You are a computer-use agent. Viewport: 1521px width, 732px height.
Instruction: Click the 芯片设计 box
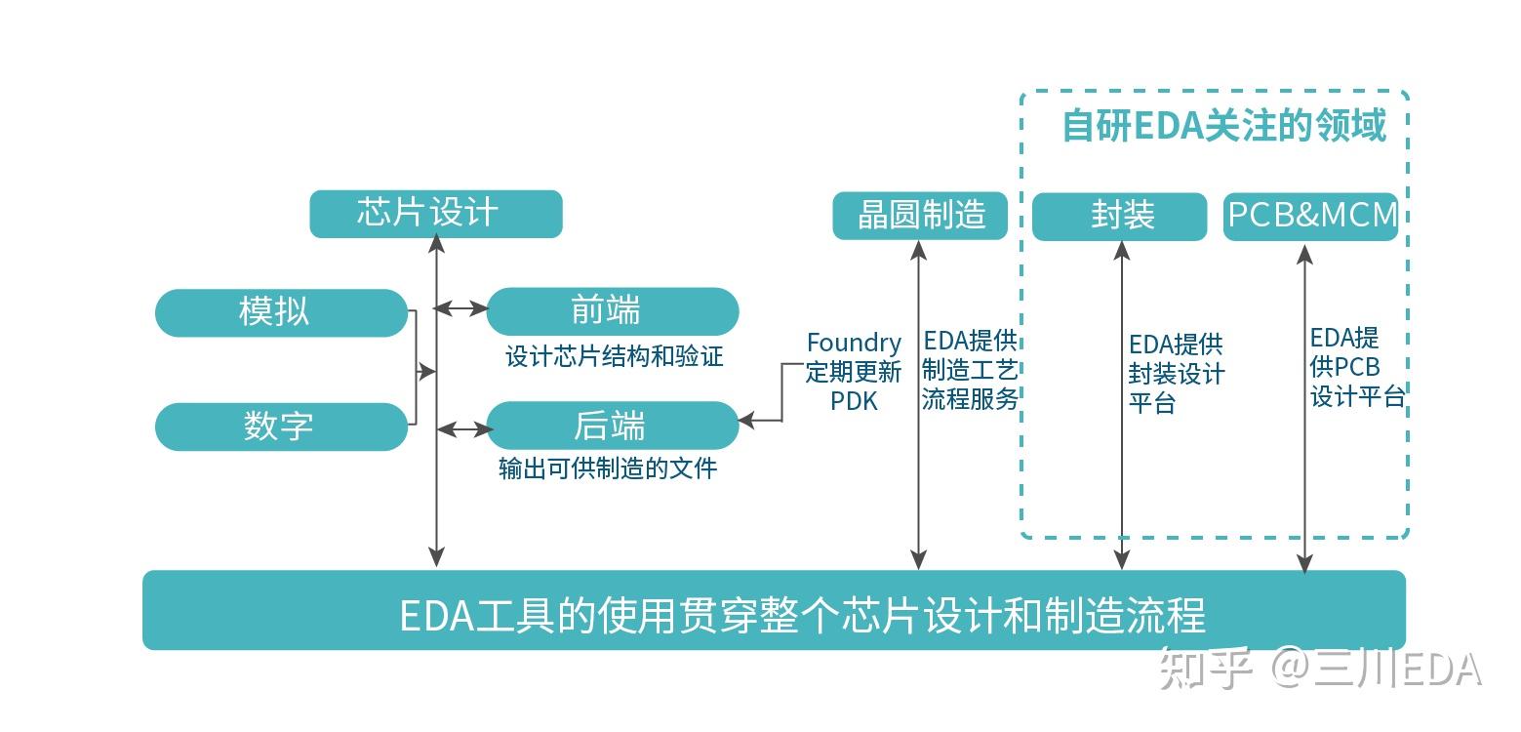[x=435, y=214]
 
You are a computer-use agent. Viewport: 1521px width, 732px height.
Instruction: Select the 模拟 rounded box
[x=281, y=312]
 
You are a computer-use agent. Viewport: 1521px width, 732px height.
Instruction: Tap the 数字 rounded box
[x=281, y=427]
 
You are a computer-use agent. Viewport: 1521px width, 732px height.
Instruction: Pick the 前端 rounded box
[x=612, y=311]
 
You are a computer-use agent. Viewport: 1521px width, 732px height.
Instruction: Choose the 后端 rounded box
[x=612, y=427]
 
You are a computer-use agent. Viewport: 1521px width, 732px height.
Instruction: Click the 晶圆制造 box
[x=919, y=215]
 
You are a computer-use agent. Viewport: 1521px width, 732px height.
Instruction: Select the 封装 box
[x=1119, y=216]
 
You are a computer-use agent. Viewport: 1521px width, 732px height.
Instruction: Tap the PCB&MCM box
[x=1310, y=216]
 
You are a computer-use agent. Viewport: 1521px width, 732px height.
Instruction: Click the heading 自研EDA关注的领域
[x=1222, y=126]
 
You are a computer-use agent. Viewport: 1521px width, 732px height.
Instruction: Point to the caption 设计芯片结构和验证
[x=614, y=356]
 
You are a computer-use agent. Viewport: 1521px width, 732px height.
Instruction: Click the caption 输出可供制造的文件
[x=608, y=468]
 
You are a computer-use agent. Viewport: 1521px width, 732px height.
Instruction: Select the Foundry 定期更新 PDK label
[x=853, y=372]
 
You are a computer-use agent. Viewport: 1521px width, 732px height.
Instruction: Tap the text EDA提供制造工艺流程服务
[x=970, y=370]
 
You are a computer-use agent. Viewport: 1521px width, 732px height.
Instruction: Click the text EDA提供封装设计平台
[x=1175, y=374]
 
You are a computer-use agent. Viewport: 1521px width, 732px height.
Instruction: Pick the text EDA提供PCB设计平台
[x=1355, y=368]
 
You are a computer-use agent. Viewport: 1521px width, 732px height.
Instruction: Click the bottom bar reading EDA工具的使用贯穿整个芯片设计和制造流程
[x=774, y=612]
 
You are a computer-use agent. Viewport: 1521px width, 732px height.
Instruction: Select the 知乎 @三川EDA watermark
[x=1319, y=671]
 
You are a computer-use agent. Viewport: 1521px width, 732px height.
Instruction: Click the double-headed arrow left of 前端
[x=460, y=308]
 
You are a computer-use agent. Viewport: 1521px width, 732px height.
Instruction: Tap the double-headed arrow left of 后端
[x=464, y=428]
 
